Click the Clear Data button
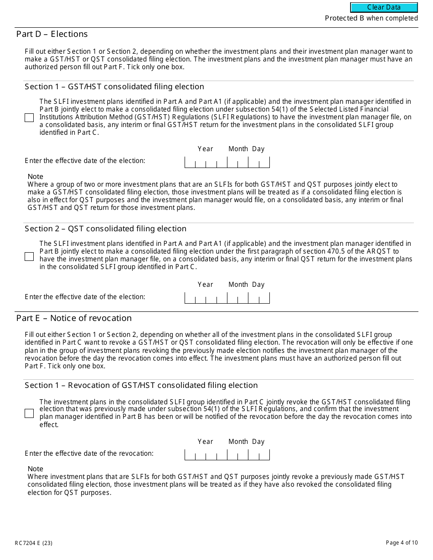[384, 7]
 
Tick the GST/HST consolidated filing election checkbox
[29, 117]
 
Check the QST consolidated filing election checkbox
[29, 256]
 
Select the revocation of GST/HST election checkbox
[29, 413]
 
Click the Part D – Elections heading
[52, 34]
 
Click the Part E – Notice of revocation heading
[74, 318]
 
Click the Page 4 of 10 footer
[401, 542]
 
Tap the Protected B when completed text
[371, 18]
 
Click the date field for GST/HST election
[227, 162]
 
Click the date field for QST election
[227, 298]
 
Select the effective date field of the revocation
[227, 454]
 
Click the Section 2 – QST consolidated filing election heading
[105, 229]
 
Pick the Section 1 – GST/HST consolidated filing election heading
[114, 87]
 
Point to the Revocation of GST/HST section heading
[141, 385]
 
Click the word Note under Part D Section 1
[35, 177]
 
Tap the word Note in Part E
[35, 469]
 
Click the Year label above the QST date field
[205, 285]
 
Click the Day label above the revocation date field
[258, 442]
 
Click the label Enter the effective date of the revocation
[89, 453]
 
